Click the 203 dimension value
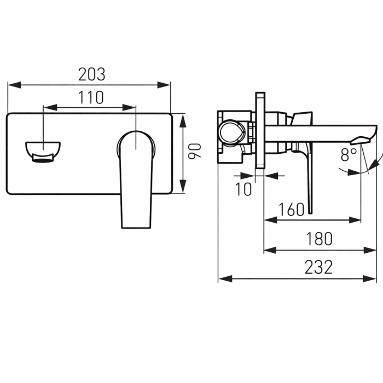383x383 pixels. pyautogui.click(x=91, y=74)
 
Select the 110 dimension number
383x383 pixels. pyautogui.click(x=90, y=98)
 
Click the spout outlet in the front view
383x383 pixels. pyautogui.click(x=43, y=152)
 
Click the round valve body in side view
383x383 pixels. pyautogui.click(x=230, y=133)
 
